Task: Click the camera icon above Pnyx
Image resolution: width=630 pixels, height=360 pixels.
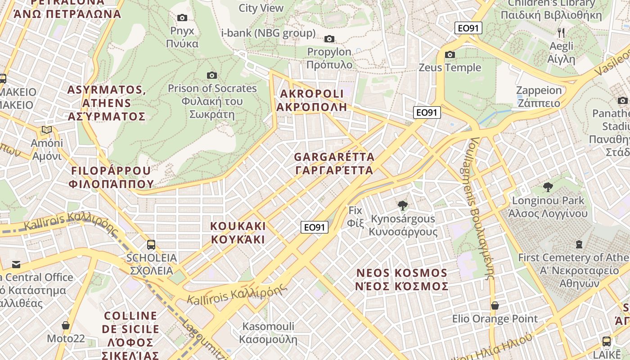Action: click(182, 18)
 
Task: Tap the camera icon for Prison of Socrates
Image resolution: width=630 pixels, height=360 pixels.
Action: click(212, 75)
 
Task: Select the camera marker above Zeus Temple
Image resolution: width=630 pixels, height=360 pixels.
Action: click(450, 55)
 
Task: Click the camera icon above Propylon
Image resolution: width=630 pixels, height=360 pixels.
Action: click(329, 39)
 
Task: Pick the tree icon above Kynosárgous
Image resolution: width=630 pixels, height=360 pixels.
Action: click(403, 206)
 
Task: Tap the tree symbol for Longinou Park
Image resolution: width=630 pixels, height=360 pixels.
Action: click(548, 187)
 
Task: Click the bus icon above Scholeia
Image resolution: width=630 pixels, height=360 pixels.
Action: click(151, 245)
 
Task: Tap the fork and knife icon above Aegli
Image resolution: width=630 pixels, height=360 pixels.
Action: click(561, 32)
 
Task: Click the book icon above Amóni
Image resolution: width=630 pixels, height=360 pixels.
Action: click(47, 130)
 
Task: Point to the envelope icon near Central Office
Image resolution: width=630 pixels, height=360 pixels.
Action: click(16, 264)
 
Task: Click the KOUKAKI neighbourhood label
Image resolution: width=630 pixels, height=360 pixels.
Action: click(238, 233)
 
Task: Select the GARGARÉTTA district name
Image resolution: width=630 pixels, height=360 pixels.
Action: click(334, 164)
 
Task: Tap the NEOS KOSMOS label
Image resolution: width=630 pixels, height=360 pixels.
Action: click(402, 279)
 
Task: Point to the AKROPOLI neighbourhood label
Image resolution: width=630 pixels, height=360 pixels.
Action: click(312, 100)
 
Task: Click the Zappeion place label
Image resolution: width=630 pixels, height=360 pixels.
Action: click(539, 97)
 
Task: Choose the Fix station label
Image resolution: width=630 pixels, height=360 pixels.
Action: click(355, 216)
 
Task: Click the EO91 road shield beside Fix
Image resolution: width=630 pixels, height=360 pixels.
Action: click(315, 227)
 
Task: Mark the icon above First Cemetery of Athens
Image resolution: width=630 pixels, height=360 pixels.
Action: click(579, 244)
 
